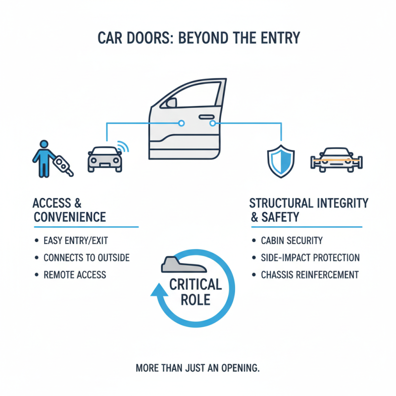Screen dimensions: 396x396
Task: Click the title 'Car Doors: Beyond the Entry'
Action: coord(198,38)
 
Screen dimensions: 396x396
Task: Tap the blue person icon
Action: coord(44,157)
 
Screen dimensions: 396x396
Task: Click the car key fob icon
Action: coord(63,165)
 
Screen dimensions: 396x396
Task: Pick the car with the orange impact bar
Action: coord(336,159)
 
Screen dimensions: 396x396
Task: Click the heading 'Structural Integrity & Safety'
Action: coord(308,210)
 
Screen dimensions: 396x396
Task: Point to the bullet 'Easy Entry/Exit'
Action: coord(75,241)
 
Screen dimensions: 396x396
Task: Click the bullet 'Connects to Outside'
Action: coord(86,258)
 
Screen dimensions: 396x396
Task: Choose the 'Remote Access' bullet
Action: coord(74,275)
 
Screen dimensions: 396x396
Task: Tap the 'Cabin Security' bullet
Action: coord(292,241)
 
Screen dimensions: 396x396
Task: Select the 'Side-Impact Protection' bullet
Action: coord(310,258)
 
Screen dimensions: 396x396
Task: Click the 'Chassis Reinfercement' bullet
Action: coord(309,275)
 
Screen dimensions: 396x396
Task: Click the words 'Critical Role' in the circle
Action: coord(196,292)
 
